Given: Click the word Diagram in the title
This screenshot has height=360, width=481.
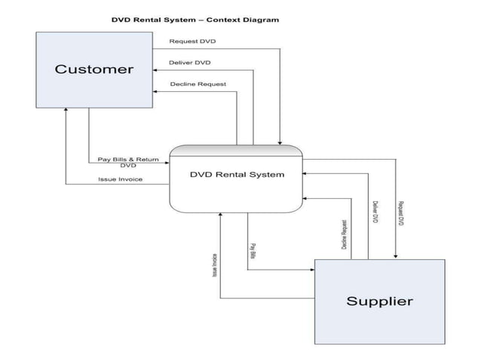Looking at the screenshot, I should click(x=261, y=20).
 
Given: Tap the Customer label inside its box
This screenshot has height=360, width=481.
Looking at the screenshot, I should click(x=93, y=69).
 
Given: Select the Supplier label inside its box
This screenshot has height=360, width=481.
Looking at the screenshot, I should click(x=379, y=301).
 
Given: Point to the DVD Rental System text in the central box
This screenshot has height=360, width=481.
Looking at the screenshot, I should click(x=237, y=175).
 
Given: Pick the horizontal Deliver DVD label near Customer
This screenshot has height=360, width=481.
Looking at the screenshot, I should click(x=189, y=63).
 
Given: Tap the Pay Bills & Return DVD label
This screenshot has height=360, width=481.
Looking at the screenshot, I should click(x=128, y=162).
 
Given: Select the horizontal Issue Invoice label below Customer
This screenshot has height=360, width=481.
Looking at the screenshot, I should click(x=120, y=179).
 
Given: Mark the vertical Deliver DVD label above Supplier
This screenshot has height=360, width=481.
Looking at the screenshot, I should click(x=375, y=213).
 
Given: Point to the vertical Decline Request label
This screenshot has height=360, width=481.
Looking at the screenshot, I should click(x=344, y=235).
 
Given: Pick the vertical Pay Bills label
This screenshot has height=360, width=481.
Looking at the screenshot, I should click(x=253, y=251).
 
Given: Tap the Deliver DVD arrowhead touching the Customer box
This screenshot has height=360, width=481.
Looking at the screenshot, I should click(x=156, y=71).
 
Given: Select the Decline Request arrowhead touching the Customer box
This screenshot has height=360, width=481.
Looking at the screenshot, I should click(x=156, y=92).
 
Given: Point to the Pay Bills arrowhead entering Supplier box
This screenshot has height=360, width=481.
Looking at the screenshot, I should click(x=311, y=268).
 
